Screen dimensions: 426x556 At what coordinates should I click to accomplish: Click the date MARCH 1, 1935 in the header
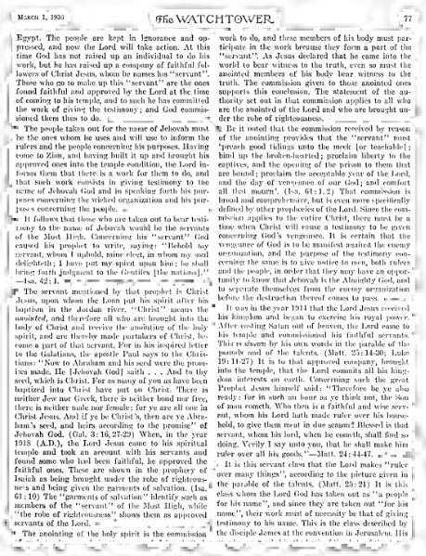pos(39,11)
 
